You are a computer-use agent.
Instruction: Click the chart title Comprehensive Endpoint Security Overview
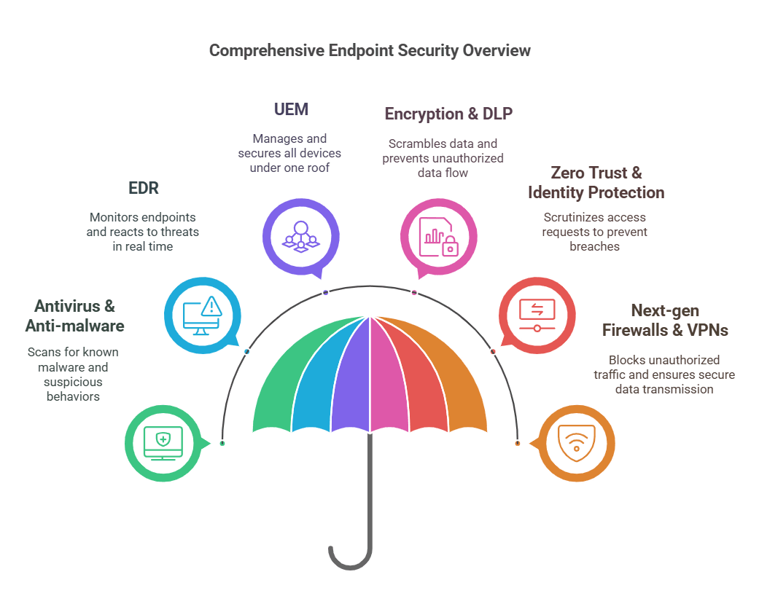click(x=370, y=50)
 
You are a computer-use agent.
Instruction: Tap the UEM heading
click(x=291, y=109)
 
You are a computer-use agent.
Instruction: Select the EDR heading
click(x=144, y=188)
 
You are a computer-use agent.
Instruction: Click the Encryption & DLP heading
click(x=448, y=114)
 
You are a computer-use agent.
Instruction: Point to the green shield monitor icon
click(x=163, y=443)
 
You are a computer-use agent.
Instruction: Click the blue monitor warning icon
click(x=203, y=315)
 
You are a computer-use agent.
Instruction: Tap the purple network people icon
click(x=301, y=237)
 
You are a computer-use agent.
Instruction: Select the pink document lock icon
click(x=438, y=237)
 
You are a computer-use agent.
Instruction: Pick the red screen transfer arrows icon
click(x=537, y=315)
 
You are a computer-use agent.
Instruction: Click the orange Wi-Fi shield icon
click(x=577, y=443)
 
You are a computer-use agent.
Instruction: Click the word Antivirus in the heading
click(x=67, y=306)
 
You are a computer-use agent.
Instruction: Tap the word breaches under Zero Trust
click(x=594, y=246)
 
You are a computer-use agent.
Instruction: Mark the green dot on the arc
click(x=222, y=443)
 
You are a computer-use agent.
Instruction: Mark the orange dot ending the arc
click(x=518, y=443)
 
